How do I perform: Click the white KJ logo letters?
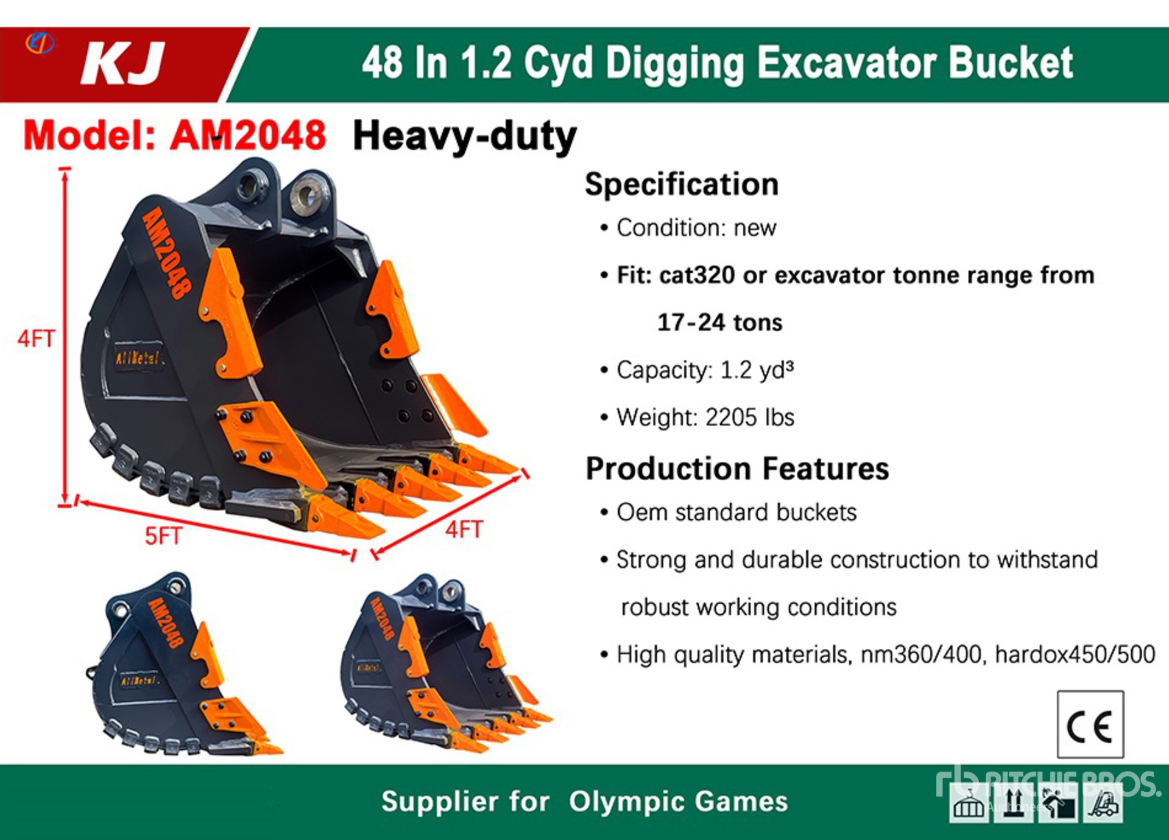click(x=123, y=63)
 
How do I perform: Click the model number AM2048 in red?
click(x=248, y=135)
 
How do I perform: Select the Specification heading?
click(x=682, y=184)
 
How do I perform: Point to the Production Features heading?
click(x=737, y=469)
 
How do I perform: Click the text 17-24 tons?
click(x=720, y=323)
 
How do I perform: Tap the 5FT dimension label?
click(x=163, y=536)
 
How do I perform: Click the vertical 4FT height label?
click(x=36, y=338)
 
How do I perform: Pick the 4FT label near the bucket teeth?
click(x=464, y=530)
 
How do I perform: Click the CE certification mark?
click(x=1090, y=724)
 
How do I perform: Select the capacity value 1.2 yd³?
click(x=757, y=370)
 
